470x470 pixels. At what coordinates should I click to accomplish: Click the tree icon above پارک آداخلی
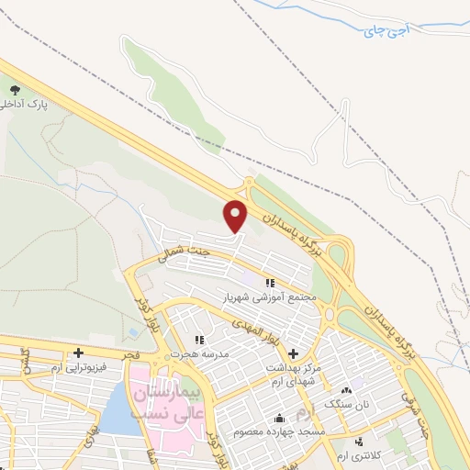click(x=14, y=89)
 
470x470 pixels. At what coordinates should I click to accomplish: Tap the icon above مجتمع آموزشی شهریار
click(x=270, y=283)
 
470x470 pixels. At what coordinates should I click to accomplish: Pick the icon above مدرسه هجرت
click(x=199, y=341)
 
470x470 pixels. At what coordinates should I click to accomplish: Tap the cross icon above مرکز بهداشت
click(x=294, y=353)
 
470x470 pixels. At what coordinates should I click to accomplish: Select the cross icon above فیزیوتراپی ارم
click(x=79, y=352)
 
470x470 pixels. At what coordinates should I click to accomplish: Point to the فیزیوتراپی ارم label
click(x=81, y=367)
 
